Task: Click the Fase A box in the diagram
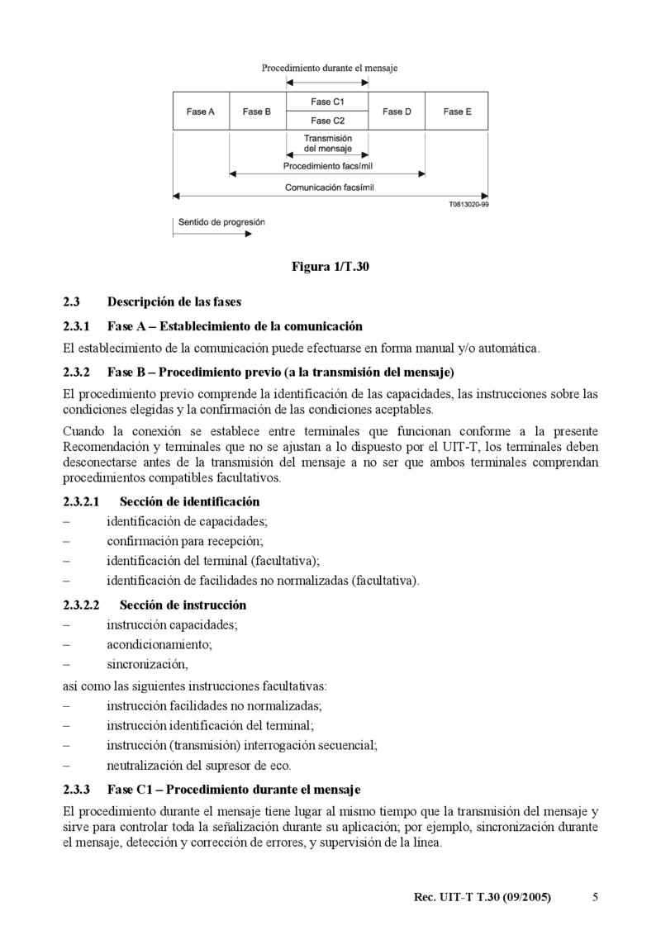[201, 112]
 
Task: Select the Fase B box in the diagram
[257, 112]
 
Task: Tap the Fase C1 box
[327, 102]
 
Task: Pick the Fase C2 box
[327, 121]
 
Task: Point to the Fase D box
[397, 112]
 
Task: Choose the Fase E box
[457, 112]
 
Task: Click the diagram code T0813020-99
[468, 203]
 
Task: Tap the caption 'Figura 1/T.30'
[330, 266]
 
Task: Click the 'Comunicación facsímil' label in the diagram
[329, 187]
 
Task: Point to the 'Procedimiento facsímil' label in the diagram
[328, 166]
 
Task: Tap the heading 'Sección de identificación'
[189, 501]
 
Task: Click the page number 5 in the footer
[596, 897]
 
